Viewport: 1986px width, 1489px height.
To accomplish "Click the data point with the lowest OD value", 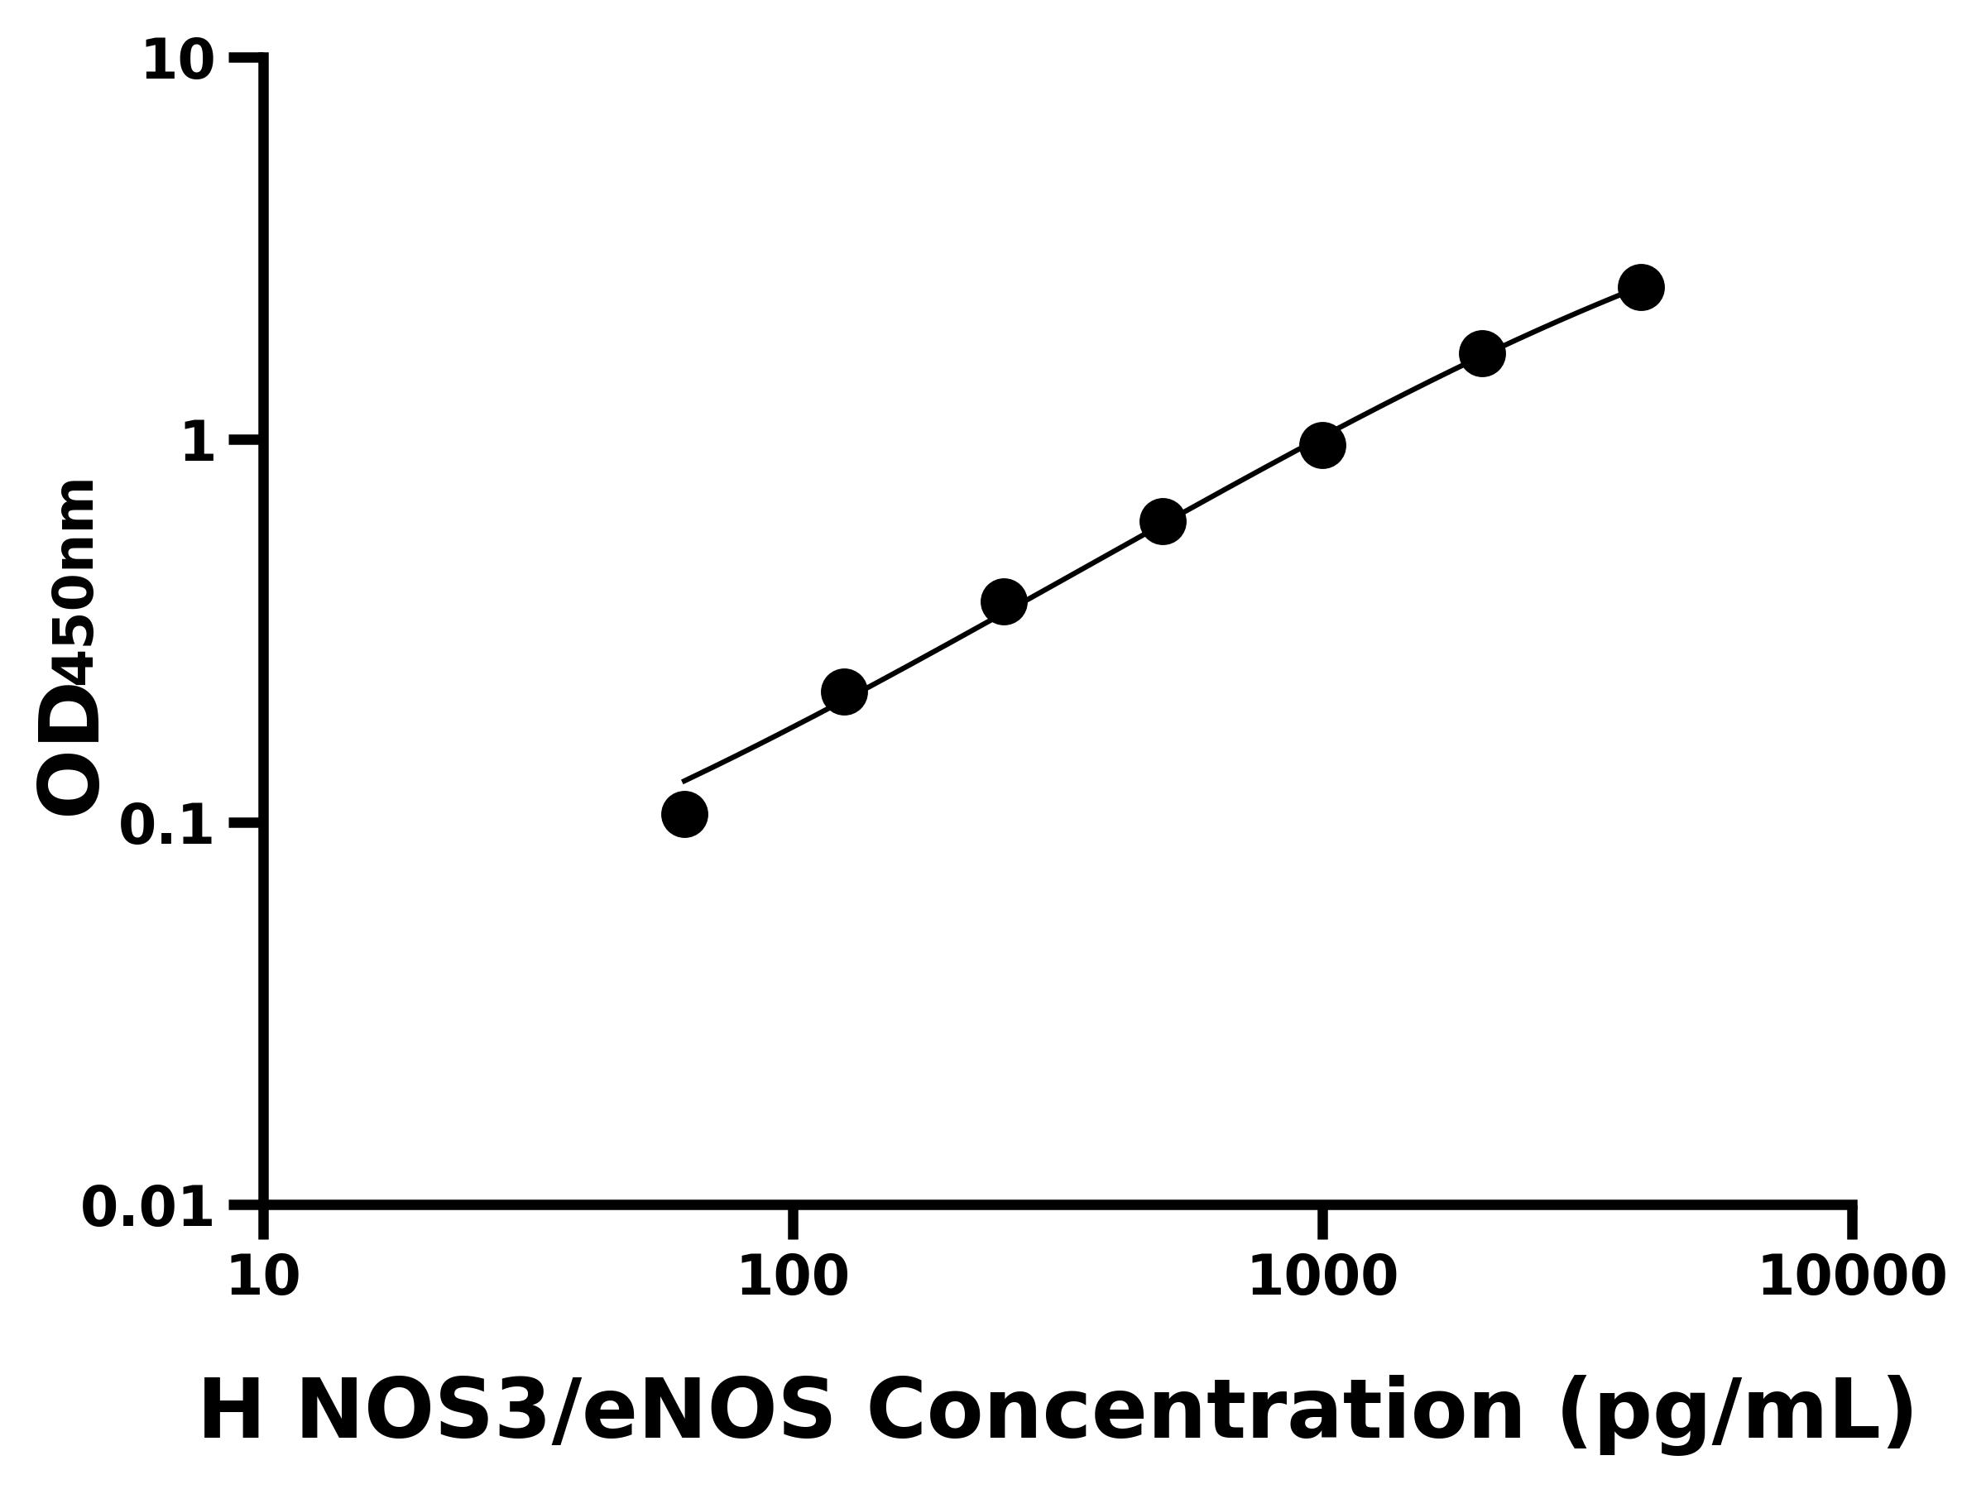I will (x=684, y=814).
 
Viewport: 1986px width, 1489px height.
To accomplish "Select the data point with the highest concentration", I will (x=1641, y=287).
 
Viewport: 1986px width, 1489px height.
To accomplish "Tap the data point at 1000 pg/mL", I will (x=1322, y=445).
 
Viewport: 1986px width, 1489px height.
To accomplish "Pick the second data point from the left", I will (x=844, y=692).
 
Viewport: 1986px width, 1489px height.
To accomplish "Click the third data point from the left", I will (x=1004, y=601).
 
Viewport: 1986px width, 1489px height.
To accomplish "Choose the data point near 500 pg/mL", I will (x=1163, y=521).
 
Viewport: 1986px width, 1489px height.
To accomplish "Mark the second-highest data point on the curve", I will (x=1482, y=353).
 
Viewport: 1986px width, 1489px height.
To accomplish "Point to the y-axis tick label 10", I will (x=179, y=62).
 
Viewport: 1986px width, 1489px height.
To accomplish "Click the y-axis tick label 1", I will (x=199, y=443).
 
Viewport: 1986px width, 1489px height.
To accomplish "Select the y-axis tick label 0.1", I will (x=167, y=826).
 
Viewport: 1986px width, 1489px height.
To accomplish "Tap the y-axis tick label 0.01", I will (x=148, y=1208).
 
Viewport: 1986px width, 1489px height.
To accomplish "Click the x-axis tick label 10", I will (x=263, y=1277).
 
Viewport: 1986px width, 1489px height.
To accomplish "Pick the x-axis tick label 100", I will (x=793, y=1277).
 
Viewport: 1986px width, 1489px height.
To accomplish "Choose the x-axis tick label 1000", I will (x=1322, y=1277).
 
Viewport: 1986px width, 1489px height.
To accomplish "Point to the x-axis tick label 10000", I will (x=1851, y=1277).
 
